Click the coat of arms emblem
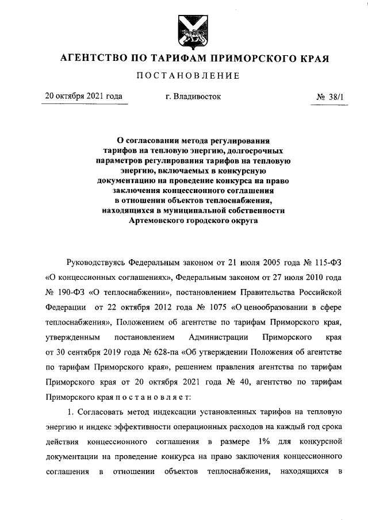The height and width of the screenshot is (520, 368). point(184,30)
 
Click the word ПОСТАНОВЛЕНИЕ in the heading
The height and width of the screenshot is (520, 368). point(184,76)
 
